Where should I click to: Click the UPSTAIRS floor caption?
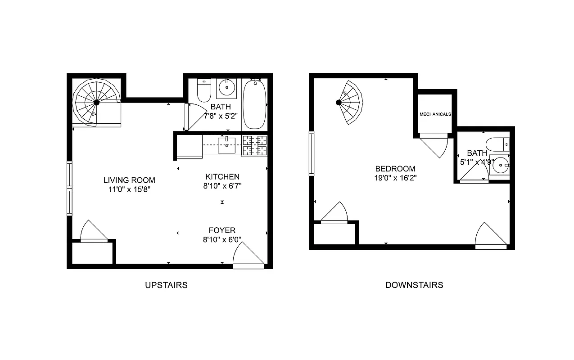point(166,285)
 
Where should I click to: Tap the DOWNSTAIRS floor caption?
point(414,285)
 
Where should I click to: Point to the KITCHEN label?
point(222,177)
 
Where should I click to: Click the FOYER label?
point(221,231)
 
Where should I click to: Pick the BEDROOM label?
point(395,169)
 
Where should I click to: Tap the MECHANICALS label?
point(435,114)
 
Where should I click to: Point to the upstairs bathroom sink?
point(227,88)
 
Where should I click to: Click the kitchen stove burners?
point(254,145)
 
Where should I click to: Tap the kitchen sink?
point(226,145)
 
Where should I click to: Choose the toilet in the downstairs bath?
point(500,144)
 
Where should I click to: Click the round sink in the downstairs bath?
point(501,165)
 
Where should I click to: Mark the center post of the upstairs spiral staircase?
point(96,103)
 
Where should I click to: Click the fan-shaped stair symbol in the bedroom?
point(351,103)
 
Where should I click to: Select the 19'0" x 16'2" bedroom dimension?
point(395,178)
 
